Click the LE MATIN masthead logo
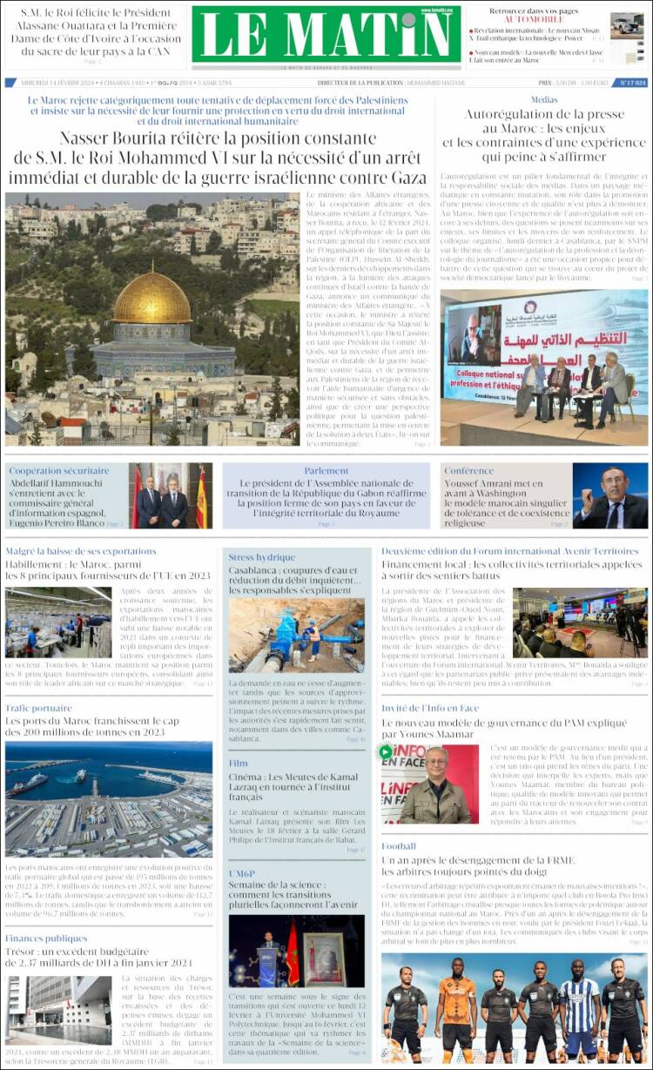click(326, 34)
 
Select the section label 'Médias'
click(544, 100)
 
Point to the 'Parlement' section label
click(326, 471)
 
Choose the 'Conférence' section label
click(469, 471)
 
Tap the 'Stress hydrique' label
click(261, 557)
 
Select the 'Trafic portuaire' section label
click(38, 708)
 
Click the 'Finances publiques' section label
click(46, 938)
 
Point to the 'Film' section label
click(238, 764)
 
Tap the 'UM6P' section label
click(241, 873)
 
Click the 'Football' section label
click(399, 845)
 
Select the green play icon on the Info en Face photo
click(386, 751)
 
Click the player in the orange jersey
click(456, 1006)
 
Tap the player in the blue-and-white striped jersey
click(579, 1010)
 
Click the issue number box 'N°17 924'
click(632, 83)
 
